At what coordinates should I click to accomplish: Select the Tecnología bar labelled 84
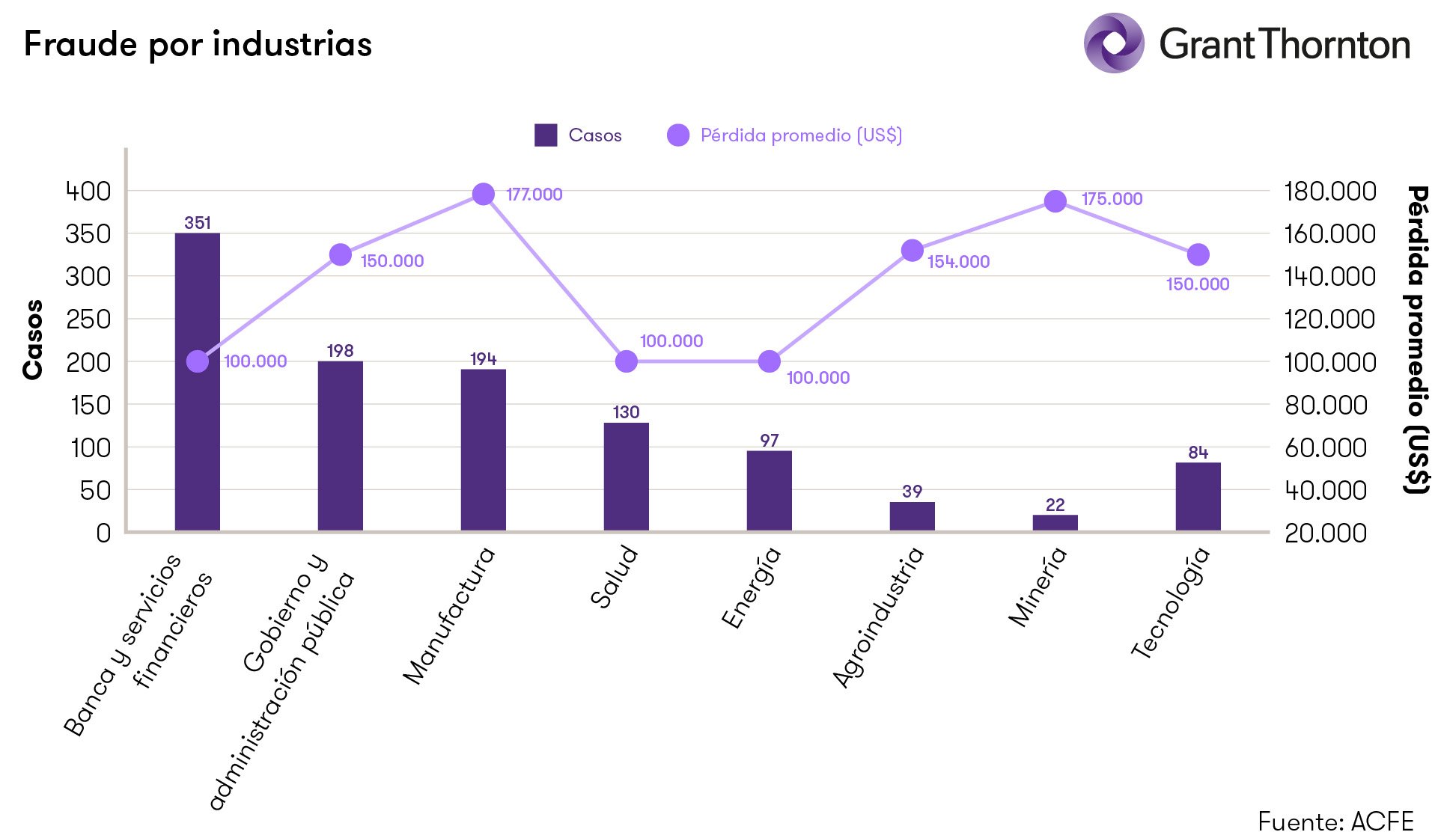1198,497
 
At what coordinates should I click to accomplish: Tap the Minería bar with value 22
1055,522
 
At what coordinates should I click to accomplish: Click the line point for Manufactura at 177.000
484,195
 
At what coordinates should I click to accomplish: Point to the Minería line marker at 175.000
1055,201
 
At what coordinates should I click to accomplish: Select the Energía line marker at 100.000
769,361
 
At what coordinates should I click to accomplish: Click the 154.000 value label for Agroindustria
958,262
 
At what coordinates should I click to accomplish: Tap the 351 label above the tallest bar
198,223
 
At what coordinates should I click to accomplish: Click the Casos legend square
546,135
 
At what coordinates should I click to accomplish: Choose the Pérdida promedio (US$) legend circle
677,135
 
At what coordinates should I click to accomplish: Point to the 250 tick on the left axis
88,319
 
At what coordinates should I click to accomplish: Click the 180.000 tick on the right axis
1329,192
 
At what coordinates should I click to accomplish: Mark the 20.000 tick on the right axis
1325,533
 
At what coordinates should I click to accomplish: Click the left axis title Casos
33,340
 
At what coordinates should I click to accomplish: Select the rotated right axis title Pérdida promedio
1416,340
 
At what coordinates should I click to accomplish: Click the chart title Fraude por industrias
198,44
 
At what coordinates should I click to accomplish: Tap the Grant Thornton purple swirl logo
1113,43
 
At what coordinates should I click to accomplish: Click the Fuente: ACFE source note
1335,821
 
